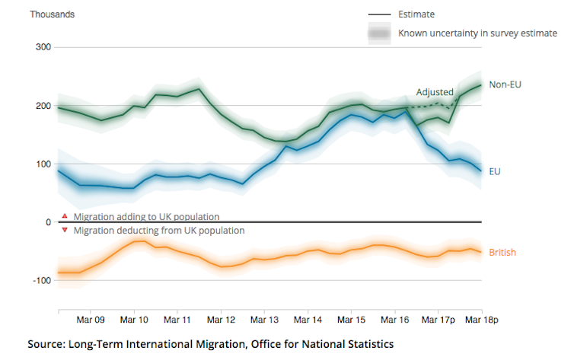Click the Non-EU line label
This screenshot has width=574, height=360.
coord(505,84)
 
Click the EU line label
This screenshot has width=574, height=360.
coord(495,172)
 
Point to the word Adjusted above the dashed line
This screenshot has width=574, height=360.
coord(435,92)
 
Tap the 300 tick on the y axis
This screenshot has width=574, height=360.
coord(41,48)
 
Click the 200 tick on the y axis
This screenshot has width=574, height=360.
coord(41,106)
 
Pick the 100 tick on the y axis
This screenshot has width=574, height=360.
coord(41,164)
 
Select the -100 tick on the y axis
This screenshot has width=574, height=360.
coord(40,281)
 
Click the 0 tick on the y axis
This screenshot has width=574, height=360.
coord(47,222)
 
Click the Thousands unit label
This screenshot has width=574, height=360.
coord(53,14)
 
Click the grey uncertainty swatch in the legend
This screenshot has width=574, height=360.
coord(378,33)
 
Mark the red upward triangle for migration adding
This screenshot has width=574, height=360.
coord(65,216)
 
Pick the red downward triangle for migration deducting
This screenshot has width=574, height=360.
coord(65,230)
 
